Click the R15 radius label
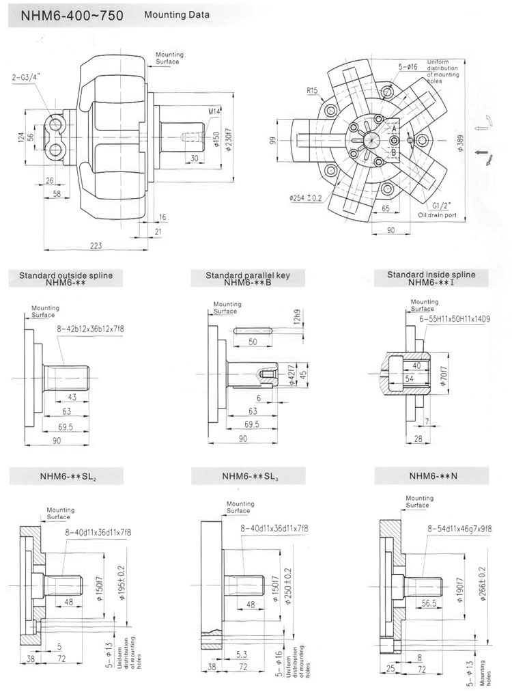coord(313,90)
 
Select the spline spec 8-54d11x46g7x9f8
coord(460,528)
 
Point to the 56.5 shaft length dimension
coord(429,603)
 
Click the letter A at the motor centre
coord(394,128)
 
